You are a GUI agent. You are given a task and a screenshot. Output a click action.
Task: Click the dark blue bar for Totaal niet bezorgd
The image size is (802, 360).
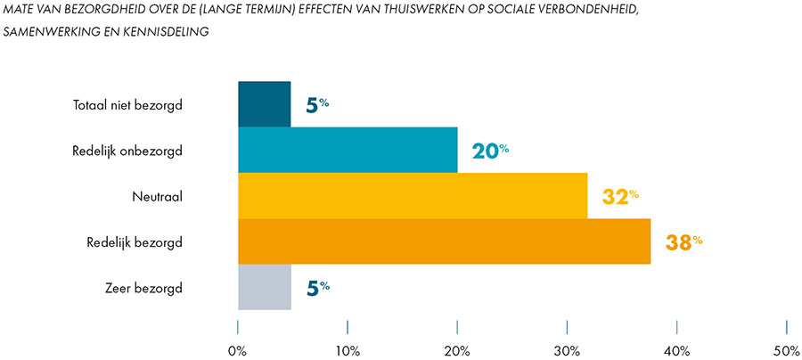(x=265, y=103)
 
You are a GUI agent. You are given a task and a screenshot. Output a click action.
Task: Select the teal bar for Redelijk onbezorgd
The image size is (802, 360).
(x=348, y=150)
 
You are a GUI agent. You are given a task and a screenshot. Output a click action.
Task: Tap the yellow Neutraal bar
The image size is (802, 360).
(x=413, y=195)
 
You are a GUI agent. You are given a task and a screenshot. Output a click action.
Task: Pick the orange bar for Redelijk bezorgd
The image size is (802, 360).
(x=444, y=241)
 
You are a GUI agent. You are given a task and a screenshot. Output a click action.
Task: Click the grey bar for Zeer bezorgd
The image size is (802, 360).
(x=265, y=287)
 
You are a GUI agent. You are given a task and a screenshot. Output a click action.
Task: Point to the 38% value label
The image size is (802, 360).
(x=684, y=241)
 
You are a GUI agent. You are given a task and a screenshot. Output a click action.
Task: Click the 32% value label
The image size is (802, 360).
(x=620, y=196)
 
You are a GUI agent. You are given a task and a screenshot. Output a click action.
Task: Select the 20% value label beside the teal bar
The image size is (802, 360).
(x=490, y=150)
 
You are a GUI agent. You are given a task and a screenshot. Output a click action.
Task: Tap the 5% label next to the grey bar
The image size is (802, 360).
(x=318, y=287)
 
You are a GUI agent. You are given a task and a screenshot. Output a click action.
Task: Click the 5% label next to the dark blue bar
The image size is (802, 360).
(x=318, y=104)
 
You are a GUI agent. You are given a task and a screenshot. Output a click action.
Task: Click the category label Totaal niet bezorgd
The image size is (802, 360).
(x=127, y=105)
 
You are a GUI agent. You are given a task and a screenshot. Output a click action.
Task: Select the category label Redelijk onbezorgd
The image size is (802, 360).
(x=127, y=151)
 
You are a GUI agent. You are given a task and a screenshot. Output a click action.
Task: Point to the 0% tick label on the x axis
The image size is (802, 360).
(x=238, y=351)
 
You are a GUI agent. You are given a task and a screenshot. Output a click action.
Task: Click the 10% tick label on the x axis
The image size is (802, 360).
(x=348, y=351)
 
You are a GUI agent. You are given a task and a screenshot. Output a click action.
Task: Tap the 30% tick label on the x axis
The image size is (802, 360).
(x=567, y=351)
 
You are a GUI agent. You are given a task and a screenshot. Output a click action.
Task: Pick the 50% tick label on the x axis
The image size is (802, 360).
(x=786, y=351)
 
